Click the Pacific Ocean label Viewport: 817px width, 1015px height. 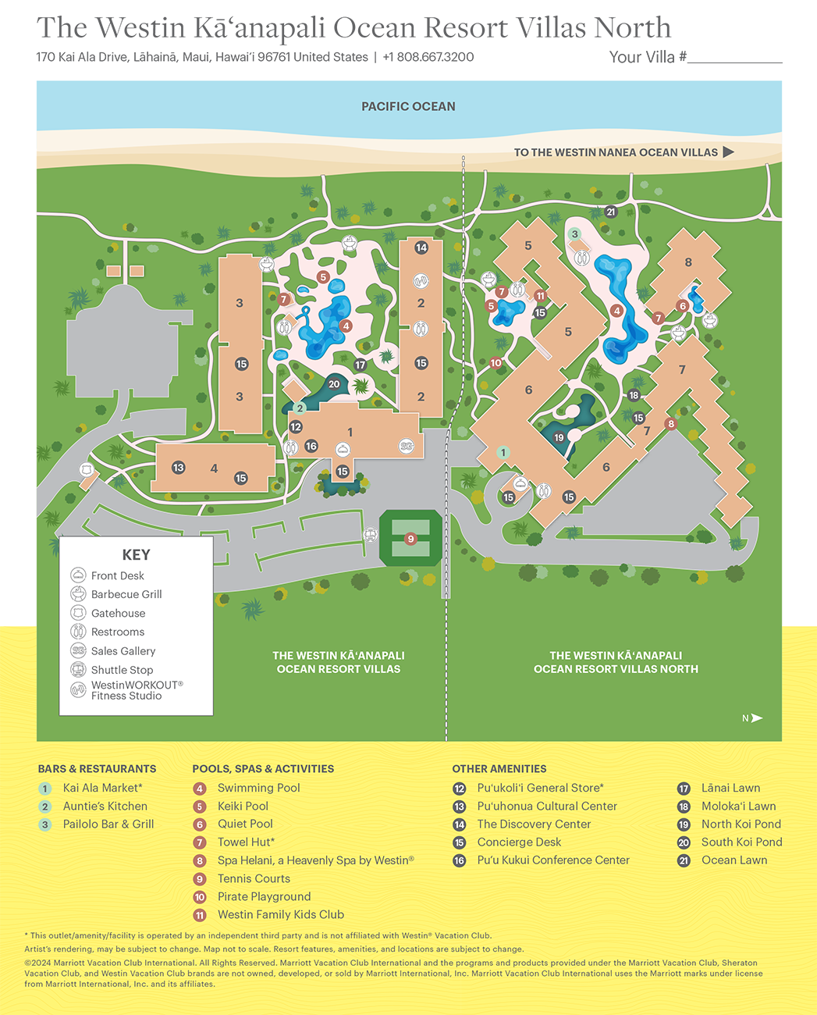tap(408, 106)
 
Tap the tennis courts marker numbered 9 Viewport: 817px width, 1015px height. tap(410, 539)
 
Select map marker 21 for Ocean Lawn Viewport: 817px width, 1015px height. tap(611, 212)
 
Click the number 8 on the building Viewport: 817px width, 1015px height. tap(688, 262)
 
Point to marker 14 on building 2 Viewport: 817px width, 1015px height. tap(421, 248)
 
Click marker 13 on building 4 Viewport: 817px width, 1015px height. tap(179, 468)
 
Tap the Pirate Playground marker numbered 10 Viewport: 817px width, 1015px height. tap(496, 362)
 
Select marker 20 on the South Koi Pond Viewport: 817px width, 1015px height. tap(334, 383)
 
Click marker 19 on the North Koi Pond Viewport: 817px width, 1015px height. tap(559, 438)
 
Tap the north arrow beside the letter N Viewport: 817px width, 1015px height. tap(756, 718)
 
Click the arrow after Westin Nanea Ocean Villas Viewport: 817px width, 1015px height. tap(729, 152)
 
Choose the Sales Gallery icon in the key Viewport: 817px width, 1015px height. tap(78, 650)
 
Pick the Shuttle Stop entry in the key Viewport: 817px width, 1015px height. tap(122, 670)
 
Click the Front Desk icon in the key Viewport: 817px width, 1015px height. tap(78, 575)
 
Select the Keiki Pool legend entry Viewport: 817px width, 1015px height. tap(243, 806)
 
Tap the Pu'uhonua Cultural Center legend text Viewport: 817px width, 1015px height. tap(547, 806)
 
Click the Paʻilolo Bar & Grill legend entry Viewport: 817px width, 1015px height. tap(108, 824)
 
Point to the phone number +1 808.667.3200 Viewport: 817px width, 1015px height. tap(428, 57)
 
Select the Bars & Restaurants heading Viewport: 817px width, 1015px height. tap(97, 768)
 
